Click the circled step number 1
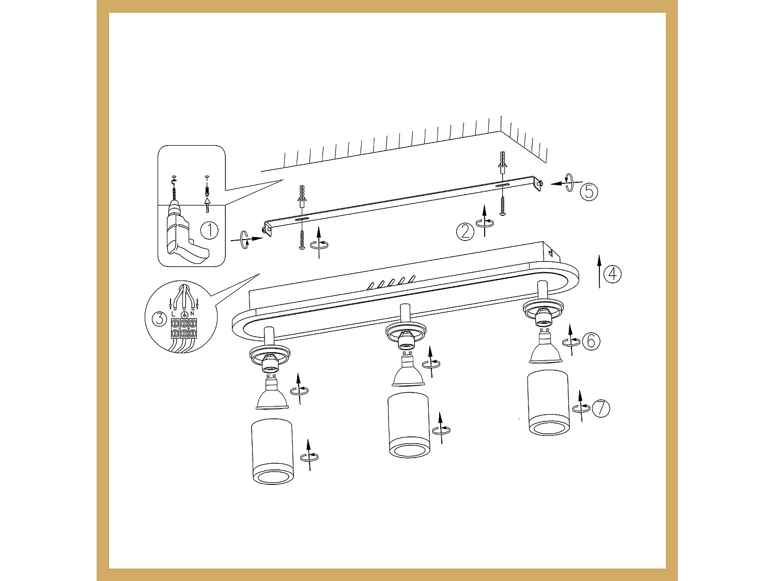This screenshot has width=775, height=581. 209,230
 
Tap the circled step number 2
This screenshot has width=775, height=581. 465,231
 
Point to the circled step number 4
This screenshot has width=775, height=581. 613,273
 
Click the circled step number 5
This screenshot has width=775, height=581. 588,192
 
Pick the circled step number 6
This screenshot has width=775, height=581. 591,341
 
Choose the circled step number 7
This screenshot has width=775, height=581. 601,409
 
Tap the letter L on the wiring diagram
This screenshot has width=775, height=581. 173,313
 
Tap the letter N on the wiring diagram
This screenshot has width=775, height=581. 192,313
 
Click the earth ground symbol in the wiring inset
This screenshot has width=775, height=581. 184,315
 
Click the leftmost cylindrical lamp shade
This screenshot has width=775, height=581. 273,451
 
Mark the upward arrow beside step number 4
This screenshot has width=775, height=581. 599,271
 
